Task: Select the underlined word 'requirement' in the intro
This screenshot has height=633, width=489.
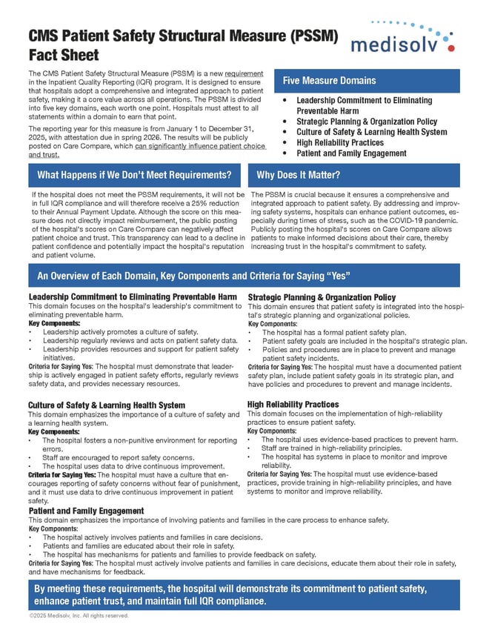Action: pyautogui.click(x=245, y=74)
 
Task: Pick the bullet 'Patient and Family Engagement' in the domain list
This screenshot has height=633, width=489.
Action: pyautogui.click(x=351, y=153)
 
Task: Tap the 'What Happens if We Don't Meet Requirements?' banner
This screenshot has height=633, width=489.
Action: pyautogui.click(x=135, y=176)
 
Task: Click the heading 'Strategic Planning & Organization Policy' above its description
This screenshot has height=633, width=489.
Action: pyautogui.click(x=322, y=297)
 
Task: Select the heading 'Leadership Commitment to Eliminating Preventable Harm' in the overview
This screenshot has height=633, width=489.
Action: pyautogui.click(x=133, y=297)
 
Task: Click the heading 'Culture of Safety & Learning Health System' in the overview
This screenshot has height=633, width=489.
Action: pyautogui.click(x=107, y=405)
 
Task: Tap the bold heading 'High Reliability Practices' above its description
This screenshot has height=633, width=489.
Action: pyautogui.click(x=293, y=404)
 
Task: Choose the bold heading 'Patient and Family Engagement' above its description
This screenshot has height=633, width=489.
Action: pyautogui.click(x=86, y=511)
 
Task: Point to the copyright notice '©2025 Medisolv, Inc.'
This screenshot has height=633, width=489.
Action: pyautogui.click(x=79, y=615)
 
